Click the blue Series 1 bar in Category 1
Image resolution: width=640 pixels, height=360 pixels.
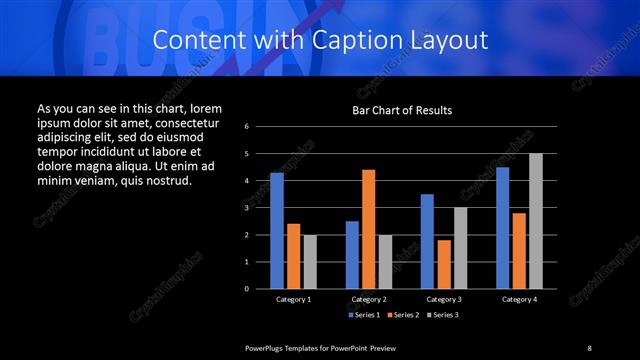point(277,230)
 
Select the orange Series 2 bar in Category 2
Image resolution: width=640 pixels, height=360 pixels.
point(368,229)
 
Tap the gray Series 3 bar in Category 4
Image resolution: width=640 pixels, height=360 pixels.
point(535,221)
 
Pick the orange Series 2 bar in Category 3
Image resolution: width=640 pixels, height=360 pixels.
point(443,264)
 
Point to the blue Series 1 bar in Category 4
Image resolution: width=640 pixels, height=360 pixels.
point(502,227)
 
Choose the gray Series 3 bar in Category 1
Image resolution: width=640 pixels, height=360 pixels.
point(310,261)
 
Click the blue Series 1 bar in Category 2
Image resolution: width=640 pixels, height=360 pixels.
point(352,254)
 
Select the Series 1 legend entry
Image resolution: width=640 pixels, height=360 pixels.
point(364,315)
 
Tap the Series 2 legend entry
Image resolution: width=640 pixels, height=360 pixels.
point(402,315)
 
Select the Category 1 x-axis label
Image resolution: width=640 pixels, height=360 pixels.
point(293,299)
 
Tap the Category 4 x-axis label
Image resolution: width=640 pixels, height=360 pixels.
point(518,299)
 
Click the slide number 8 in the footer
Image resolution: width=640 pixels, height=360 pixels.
point(589,347)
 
